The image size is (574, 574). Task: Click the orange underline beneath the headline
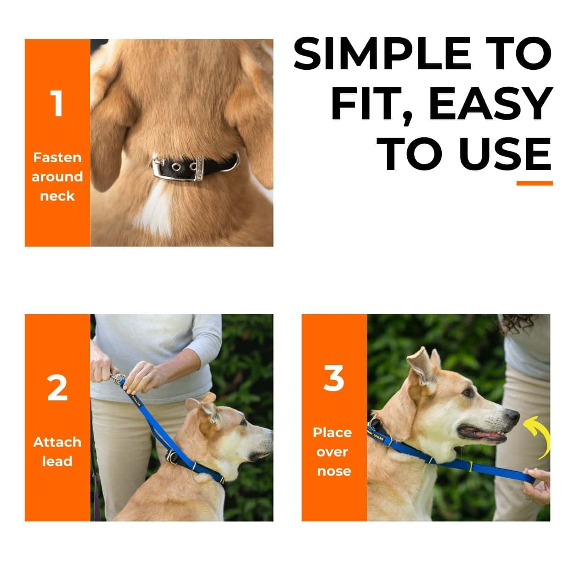point(534,183)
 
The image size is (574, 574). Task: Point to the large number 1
point(57,104)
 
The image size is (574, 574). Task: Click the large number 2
point(57,388)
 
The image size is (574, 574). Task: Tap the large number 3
point(334,379)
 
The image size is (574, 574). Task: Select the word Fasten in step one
point(57,158)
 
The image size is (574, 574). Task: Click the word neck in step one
point(57,196)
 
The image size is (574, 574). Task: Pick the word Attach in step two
point(57,442)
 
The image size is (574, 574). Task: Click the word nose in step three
point(334,471)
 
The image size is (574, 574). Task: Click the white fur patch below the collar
point(154,211)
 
